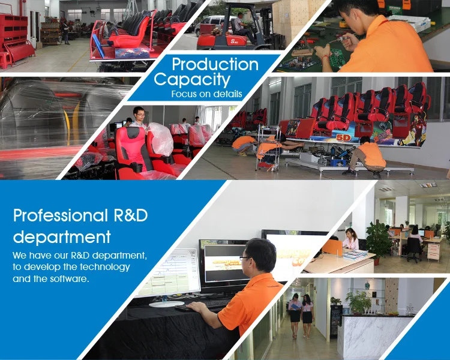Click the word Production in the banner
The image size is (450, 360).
(x=215, y=64)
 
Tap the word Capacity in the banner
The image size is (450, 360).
(x=192, y=79)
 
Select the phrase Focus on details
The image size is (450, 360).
(x=206, y=94)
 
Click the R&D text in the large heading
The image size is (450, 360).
(x=131, y=215)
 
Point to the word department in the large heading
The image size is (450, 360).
(x=62, y=237)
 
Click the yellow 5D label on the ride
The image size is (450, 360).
(x=343, y=138)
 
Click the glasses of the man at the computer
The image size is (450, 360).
(x=245, y=258)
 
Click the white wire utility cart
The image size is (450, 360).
(x=268, y=148)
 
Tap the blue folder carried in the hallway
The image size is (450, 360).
(x=295, y=307)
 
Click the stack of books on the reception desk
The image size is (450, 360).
(x=355, y=254)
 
